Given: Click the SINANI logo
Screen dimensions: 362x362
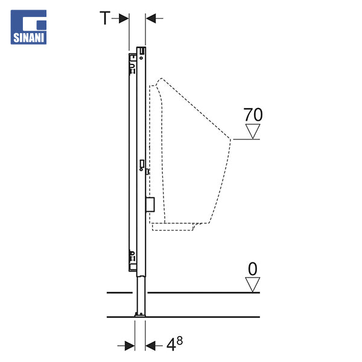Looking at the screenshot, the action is (x=28, y=27).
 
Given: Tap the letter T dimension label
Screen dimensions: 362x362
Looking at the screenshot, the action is (x=105, y=18).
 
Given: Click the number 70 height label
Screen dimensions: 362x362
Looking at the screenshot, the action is (x=253, y=115).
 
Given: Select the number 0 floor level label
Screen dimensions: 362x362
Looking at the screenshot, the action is (x=252, y=268).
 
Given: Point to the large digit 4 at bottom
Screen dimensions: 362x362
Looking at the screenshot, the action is (x=171, y=345).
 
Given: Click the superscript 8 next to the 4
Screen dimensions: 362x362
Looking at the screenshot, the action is (x=179, y=340).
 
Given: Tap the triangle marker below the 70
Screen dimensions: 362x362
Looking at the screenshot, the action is (x=253, y=132).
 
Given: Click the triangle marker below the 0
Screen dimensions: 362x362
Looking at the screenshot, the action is (x=252, y=285).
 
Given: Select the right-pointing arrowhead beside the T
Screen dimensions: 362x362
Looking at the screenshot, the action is (x=124, y=18).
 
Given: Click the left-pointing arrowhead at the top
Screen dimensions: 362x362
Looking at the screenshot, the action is (x=151, y=18).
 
